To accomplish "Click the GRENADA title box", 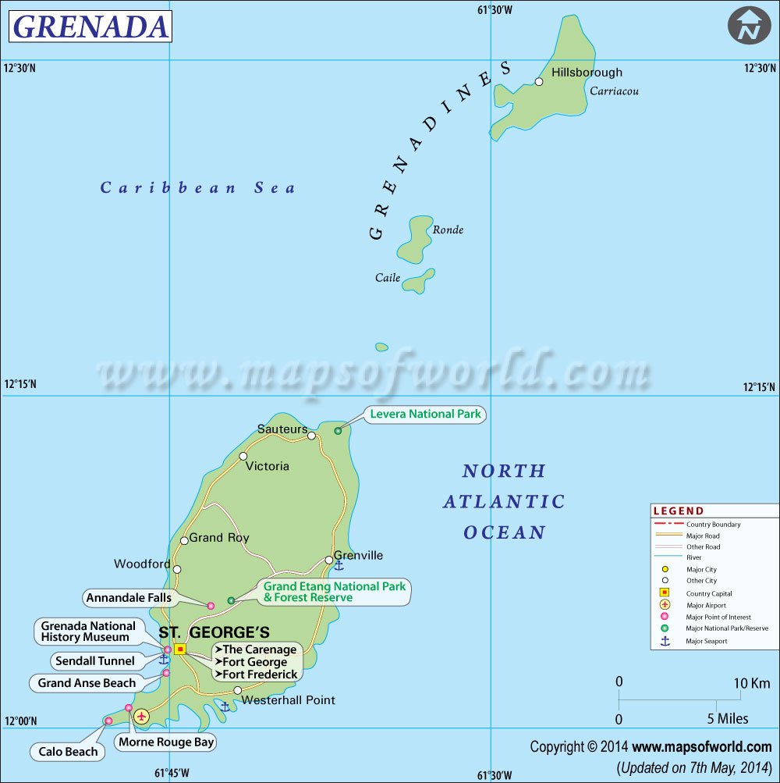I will (90, 27).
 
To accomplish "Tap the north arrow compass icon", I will (749, 26).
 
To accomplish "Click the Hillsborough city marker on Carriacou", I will (539, 81).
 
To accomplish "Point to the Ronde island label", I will (448, 230).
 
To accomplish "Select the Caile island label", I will (388, 277).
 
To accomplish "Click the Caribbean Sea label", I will (198, 187).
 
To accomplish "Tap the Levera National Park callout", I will (426, 414).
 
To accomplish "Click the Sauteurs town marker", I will (311, 436).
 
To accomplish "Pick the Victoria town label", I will (267, 466).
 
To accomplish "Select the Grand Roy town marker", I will (184, 540).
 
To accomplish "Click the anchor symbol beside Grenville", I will (339, 565).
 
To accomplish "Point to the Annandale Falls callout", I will (128, 599).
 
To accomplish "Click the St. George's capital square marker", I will (180, 649).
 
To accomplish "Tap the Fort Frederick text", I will (260, 674).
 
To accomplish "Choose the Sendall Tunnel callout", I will (95, 660).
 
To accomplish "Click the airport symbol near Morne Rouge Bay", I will (141, 716).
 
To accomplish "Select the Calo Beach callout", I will (69, 751).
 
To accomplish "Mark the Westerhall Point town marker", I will (238, 690).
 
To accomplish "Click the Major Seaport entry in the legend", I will (706, 641).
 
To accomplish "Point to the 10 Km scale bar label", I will (752, 683).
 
